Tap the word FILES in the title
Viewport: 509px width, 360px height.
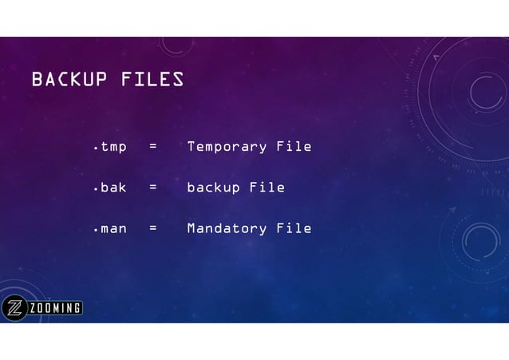(152, 80)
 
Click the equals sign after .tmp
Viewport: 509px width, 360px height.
(152, 147)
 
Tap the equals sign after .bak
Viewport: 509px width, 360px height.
(152, 188)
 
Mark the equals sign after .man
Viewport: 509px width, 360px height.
(152, 228)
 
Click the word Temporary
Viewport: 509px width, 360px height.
(227, 147)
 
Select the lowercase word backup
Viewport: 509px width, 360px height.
(213, 188)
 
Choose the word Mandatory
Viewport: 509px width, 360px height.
(227, 228)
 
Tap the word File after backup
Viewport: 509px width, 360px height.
(267, 188)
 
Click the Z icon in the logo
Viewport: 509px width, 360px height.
(14, 308)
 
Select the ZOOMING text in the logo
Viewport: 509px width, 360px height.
(55, 308)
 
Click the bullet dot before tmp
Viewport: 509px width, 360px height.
(95, 149)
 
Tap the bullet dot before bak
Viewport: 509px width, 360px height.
(95, 190)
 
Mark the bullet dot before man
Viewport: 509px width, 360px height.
(95, 231)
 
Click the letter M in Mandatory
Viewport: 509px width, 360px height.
(191, 228)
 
